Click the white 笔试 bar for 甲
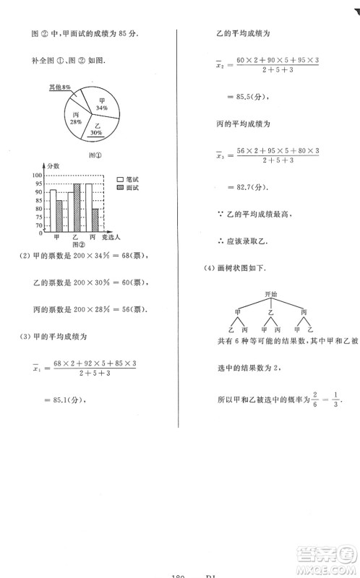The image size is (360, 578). (x=53, y=210)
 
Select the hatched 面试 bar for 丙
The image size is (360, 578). (x=95, y=220)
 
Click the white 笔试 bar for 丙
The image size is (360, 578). (x=88, y=207)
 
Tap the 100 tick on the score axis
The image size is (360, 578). (x=37, y=176)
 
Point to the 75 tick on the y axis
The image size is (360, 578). (x=38, y=216)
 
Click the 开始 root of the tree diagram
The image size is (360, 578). (x=271, y=294)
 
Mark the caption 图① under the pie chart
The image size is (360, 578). (x=93, y=154)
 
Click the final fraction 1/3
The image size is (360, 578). (x=335, y=400)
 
